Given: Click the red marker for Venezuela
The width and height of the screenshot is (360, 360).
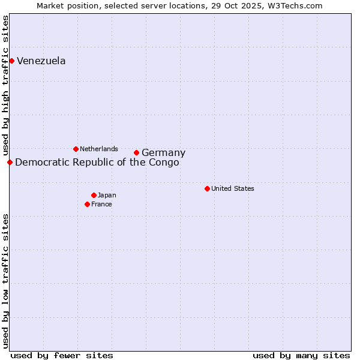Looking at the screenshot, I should point(11,61).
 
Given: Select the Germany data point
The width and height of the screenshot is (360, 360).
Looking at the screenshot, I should point(136,152).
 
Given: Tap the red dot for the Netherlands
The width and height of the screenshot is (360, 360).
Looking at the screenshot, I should point(76,149).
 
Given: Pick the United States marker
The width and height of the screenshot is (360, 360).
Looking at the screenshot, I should point(207,188).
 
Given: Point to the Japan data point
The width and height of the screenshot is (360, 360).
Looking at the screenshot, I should point(94,195).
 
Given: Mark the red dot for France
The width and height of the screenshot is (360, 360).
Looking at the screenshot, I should point(87,204).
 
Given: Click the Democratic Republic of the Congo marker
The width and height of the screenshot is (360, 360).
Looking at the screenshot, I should point(10,162).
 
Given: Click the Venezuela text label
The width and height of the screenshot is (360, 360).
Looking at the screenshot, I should point(41,61).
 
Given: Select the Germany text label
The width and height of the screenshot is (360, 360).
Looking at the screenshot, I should point(163,153).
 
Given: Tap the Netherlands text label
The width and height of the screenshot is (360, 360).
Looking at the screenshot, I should point(99,149).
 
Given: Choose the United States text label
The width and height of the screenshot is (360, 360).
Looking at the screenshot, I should point(233,188).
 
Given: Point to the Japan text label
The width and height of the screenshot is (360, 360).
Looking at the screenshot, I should point(107,195).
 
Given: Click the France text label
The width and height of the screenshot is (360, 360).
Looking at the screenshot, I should point(101,204).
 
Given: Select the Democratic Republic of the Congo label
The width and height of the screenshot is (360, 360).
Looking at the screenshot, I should point(97,162).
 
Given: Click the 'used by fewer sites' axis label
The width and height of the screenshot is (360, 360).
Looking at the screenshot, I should point(62,355).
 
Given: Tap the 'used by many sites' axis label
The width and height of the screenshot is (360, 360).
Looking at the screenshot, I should point(301,355).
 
